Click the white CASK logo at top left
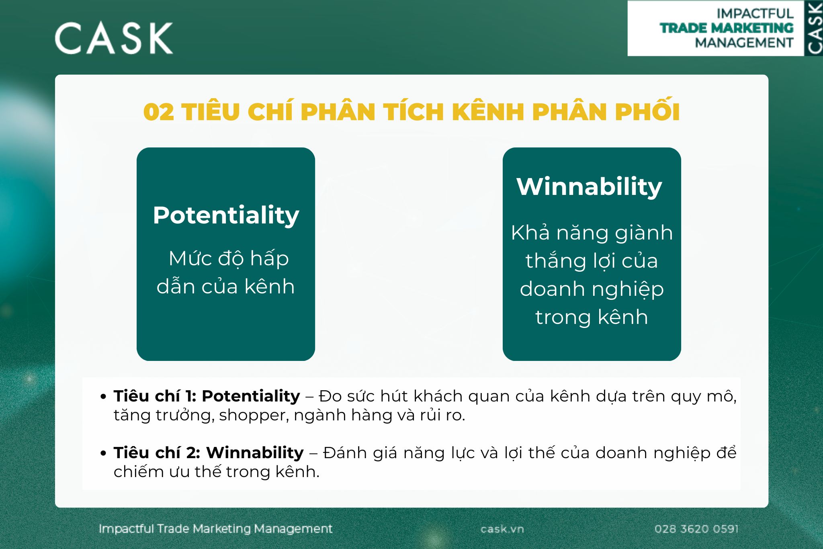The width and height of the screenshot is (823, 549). coord(114,38)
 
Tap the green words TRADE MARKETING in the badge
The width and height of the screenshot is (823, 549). coord(727,28)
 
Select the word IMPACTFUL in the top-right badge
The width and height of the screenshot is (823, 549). coord(755,14)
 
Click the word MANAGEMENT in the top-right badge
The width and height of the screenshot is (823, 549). coord(744,43)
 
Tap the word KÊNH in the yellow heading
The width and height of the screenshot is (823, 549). coord(488,112)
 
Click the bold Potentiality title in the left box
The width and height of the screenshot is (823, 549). coord(226,215)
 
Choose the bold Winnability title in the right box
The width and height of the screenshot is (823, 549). coord(589,186)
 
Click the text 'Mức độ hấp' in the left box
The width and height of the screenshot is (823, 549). coord(229,258)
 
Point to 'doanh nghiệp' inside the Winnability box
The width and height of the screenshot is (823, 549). coord(592,289)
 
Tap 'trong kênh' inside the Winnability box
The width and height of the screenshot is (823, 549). coord(592,317)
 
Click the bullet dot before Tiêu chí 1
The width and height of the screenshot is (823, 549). coord(104,397)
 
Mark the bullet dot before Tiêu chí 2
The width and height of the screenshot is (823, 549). coord(104,453)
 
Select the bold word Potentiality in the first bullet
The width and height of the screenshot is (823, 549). coord(251,396)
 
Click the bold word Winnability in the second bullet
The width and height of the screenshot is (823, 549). coord(255,453)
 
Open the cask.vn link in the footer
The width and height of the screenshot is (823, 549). coord(502,529)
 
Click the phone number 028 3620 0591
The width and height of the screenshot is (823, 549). coord(696,529)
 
